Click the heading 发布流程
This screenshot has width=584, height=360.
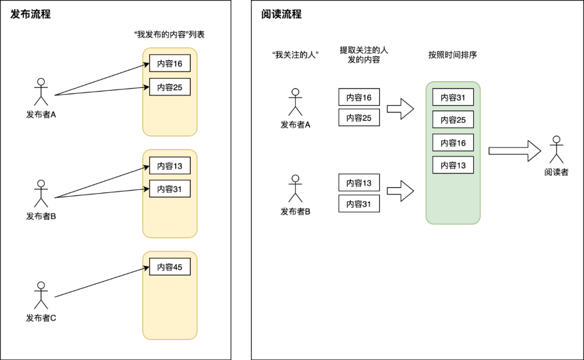[31, 15]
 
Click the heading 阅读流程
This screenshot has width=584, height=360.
[281, 15]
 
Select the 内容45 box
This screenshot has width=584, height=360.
[170, 266]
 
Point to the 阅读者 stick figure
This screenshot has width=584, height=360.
[556, 150]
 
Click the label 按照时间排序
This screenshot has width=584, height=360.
[453, 55]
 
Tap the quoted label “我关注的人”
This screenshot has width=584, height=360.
[295, 55]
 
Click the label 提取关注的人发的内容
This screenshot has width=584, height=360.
[364, 55]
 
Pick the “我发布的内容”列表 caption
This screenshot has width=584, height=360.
[169, 34]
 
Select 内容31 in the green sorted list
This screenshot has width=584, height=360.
[453, 97]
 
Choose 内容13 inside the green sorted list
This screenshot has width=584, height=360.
[453, 165]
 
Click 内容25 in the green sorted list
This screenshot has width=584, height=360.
[453, 120]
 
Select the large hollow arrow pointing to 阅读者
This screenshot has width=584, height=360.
[514, 151]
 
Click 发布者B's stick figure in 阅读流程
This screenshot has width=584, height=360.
[295, 189]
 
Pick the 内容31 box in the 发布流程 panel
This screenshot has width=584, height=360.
[170, 189]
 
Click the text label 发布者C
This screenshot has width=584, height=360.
[41, 318]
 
